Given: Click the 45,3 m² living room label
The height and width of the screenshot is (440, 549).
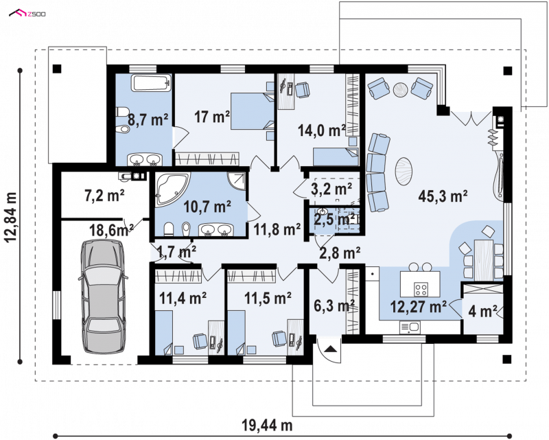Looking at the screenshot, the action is (x=443, y=196).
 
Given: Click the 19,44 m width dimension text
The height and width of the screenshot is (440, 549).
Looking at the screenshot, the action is (x=267, y=426).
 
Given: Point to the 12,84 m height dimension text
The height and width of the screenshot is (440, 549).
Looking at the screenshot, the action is (x=11, y=217).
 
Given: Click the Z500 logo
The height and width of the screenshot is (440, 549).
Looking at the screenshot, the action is (x=27, y=13).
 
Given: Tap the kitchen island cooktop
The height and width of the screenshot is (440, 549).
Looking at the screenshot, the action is (x=421, y=289).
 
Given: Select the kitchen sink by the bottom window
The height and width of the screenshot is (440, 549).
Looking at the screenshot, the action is (x=410, y=327).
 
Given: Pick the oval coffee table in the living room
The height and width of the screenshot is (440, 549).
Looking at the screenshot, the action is (x=404, y=171).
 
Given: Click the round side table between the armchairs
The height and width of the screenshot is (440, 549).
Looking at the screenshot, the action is (x=401, y=90).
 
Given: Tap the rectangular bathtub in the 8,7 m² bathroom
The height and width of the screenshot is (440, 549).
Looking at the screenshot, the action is (x=152, y=83).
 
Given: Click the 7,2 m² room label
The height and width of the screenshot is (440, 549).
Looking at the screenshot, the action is (x=105, y=195).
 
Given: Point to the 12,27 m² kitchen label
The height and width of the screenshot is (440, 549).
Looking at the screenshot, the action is (x=418, y=307).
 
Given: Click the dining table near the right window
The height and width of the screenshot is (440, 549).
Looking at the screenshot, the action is (x=484, y=260).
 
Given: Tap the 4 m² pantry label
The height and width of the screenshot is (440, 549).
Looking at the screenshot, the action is (x=482, y=311).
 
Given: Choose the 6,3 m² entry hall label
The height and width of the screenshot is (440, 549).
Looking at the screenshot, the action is (x=334, y=306).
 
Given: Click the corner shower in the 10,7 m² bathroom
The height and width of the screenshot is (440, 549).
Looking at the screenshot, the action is (x=237, y=181).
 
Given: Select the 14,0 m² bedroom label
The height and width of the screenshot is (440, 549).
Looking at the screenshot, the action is (x=322, y=130).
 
